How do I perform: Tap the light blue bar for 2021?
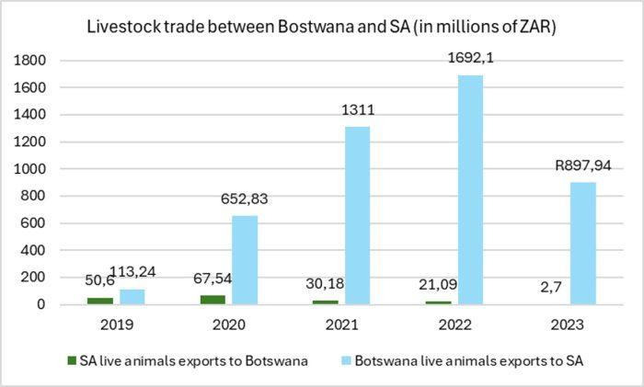357,215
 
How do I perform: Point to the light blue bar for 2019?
131,296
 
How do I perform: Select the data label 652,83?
245,199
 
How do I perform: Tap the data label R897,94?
583,166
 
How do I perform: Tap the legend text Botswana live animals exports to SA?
468,361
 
